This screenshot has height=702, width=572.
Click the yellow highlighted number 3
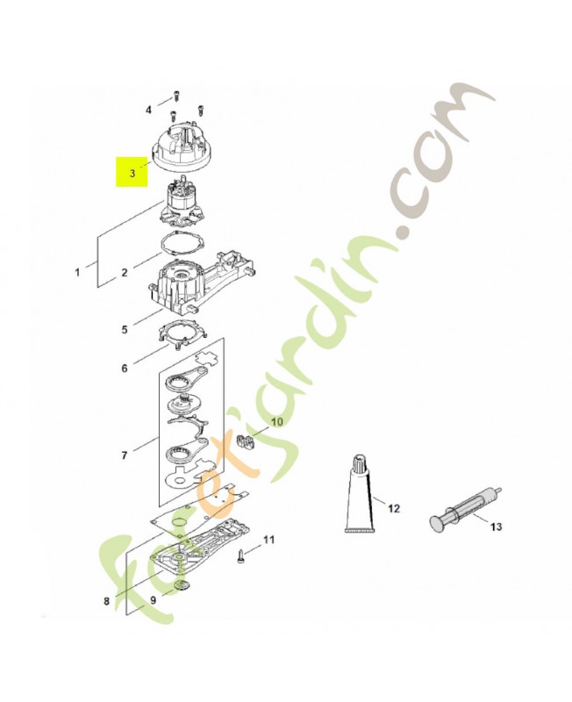coord(132,173)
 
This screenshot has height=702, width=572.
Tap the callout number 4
coord(148,111)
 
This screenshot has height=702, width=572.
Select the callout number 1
coord(77,272)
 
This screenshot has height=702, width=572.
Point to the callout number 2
coord(125,272)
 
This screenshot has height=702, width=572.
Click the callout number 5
coord(125,330)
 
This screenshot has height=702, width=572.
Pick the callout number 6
coord(125,369)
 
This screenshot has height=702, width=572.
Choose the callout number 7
coord(125,455)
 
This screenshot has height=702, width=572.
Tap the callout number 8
coord(106,601)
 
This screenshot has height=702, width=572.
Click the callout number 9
coord(153,600)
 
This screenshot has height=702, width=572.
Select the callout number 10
coord(277,422)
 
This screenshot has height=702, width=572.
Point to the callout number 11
coord(268,540)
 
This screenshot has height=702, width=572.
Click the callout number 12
coord(394,509)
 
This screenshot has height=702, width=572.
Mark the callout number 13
coord(496,527)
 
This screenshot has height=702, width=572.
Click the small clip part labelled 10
coord(246,441)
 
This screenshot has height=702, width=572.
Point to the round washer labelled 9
coord(182,584)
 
